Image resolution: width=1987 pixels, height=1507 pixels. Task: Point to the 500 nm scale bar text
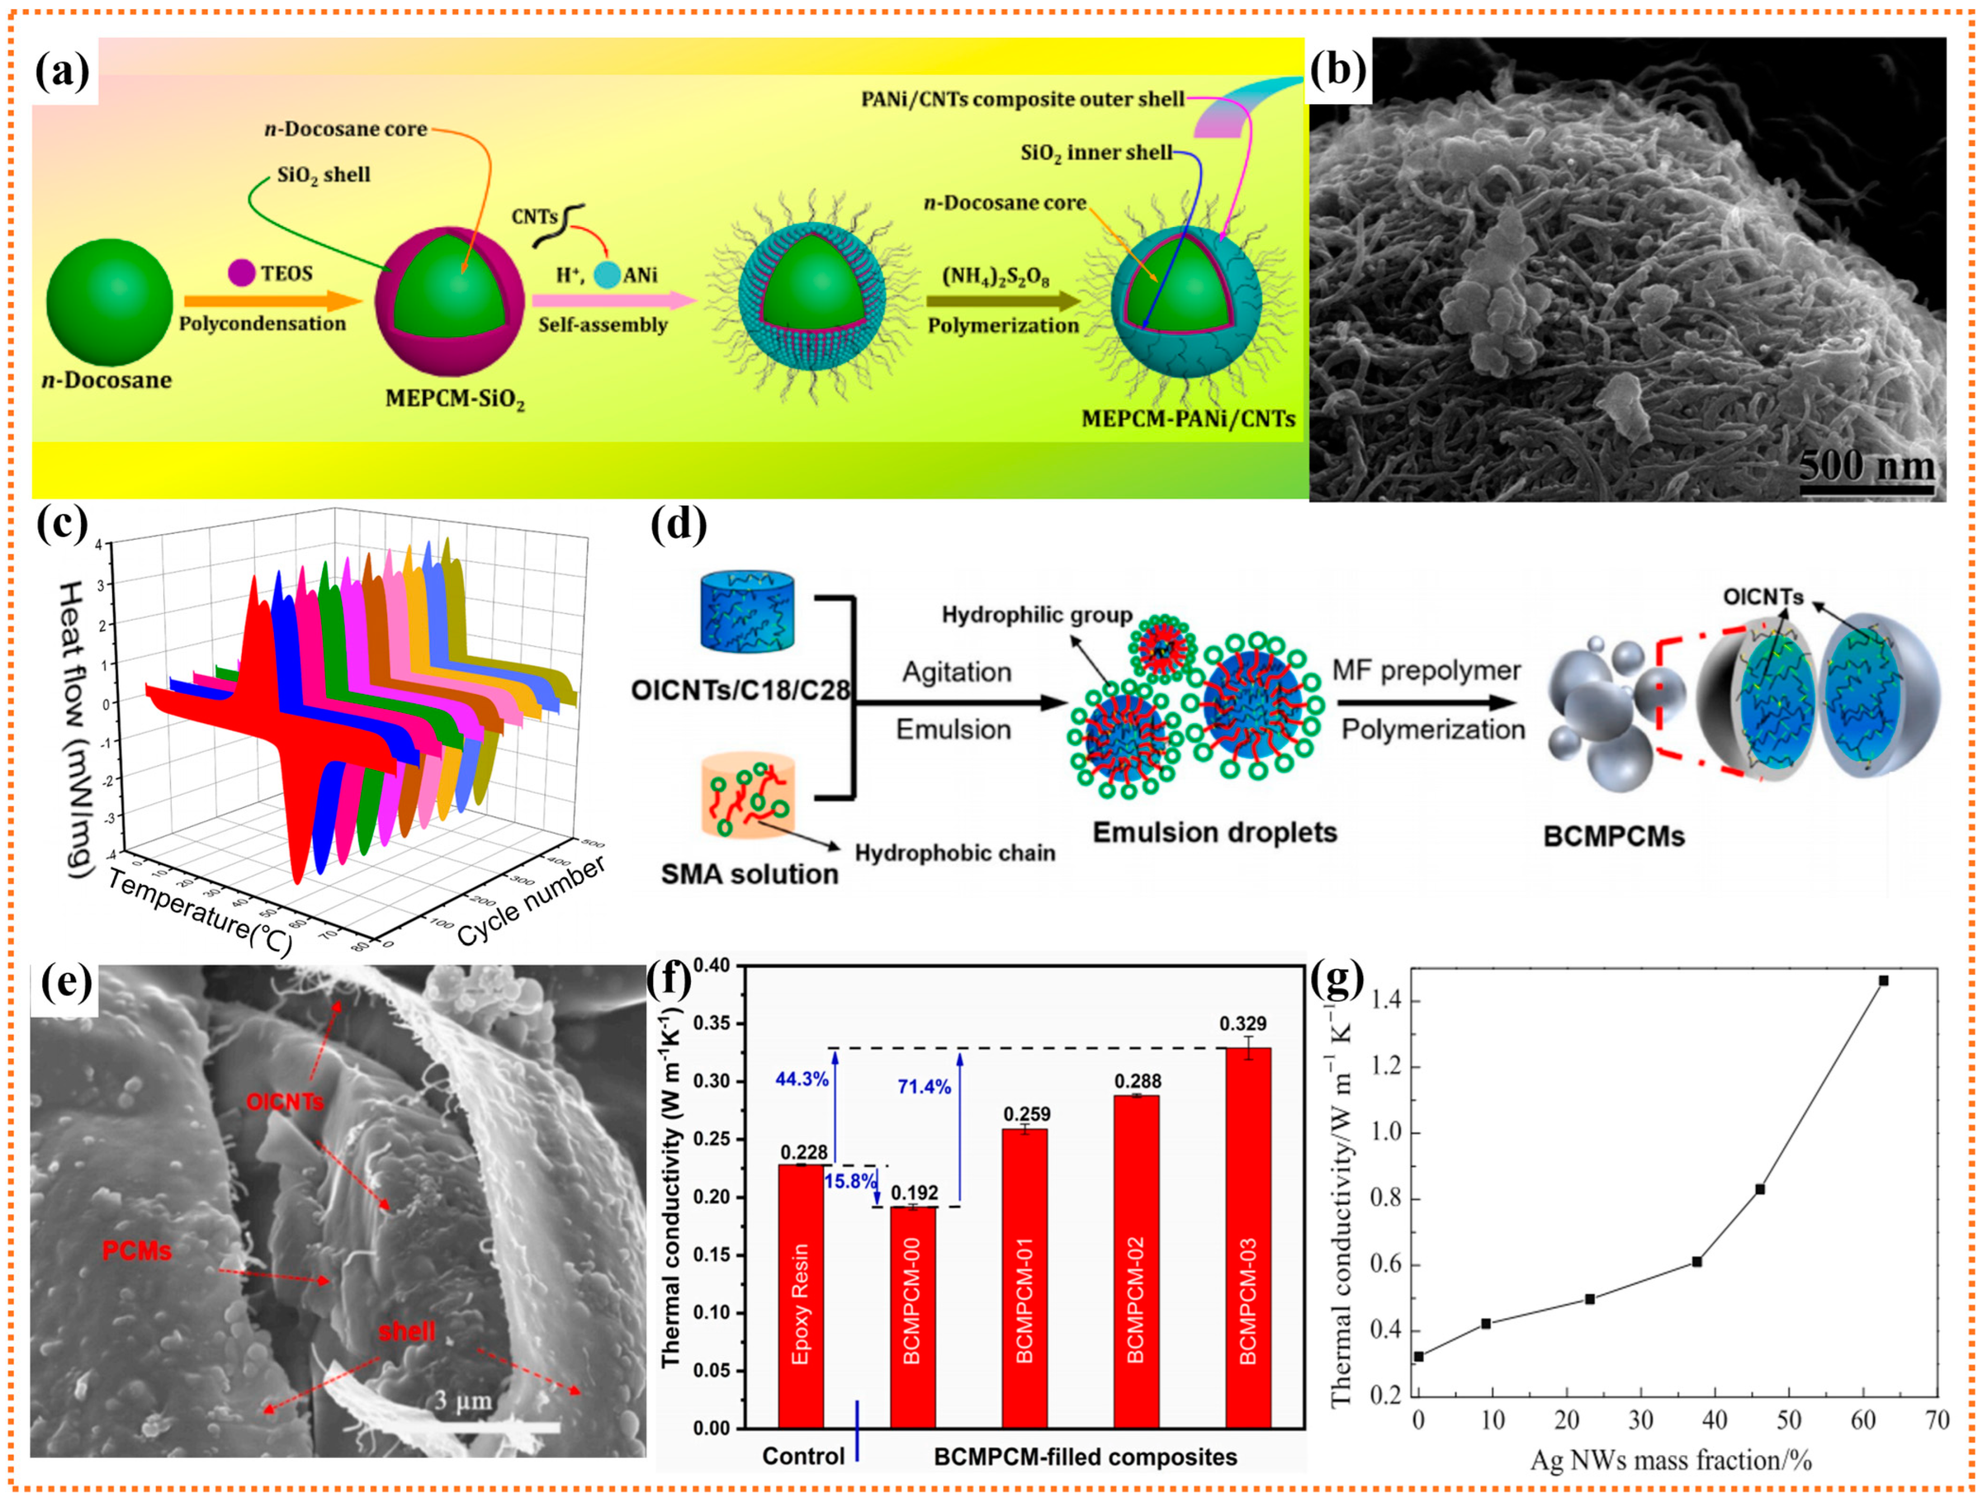1867,466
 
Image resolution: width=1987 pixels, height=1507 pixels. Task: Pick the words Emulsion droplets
1214,833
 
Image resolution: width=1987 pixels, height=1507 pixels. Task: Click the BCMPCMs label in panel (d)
1614,837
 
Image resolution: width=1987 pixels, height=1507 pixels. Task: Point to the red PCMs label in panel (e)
137,1250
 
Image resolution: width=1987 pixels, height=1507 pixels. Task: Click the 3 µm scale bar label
463,1400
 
